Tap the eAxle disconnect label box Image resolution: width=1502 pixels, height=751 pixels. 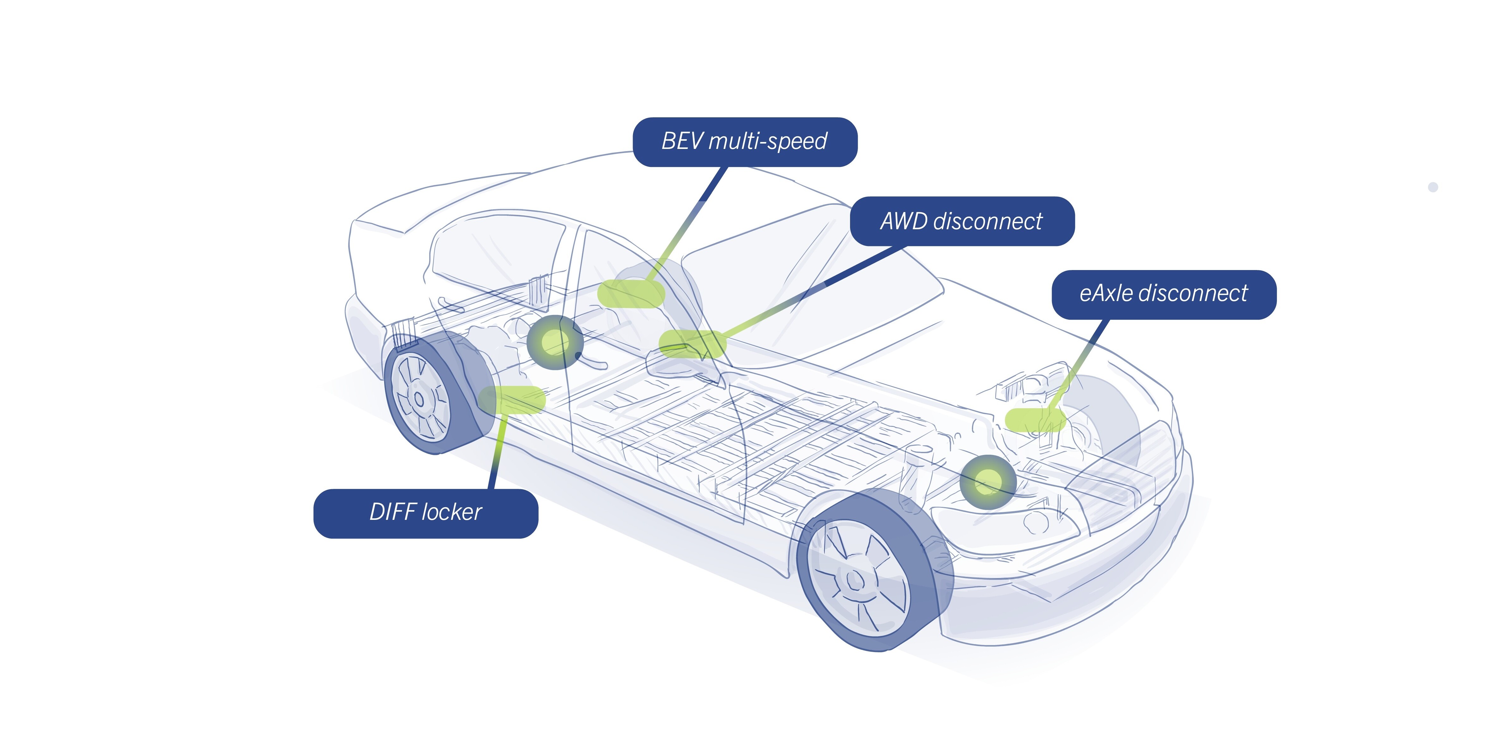click(1163, 294)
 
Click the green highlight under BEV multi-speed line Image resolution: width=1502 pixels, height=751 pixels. click(631, 294)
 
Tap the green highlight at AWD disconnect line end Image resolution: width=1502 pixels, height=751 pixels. click(692, 343)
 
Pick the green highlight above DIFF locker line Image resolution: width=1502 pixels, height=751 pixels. click(511, 400)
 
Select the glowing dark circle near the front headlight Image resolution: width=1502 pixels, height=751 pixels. click(988, 482)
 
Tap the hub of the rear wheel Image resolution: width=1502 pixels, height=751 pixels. click(419, 399)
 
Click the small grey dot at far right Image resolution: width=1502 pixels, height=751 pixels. click(1433, 187)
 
